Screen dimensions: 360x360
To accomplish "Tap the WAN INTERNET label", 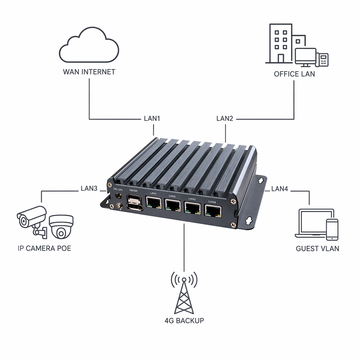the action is click(89, 72).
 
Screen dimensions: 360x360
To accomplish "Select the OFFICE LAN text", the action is click(294, 74).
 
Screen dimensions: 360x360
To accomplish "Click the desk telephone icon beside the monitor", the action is click(322, 60).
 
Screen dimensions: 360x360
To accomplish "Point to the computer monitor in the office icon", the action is click(306, 57).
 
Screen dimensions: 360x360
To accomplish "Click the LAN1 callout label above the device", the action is click(152, 118).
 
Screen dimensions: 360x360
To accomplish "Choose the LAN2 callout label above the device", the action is click(225, 118).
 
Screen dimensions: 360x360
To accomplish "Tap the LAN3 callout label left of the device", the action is click(89, 189).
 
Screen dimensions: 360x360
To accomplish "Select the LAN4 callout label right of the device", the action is click(280, 189).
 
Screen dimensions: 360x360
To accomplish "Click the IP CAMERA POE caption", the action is click(44, 248).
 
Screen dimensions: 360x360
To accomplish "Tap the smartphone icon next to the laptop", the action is click(332, 229).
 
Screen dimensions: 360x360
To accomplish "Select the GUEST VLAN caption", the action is click(318, 249).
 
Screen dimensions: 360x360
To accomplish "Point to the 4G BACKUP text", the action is click(184, 321).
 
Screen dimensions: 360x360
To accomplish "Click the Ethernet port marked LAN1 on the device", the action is click(154, 202).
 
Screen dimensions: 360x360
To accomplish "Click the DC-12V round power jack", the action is click(119, 196).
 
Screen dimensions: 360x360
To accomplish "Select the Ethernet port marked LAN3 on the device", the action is click(193, 207).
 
